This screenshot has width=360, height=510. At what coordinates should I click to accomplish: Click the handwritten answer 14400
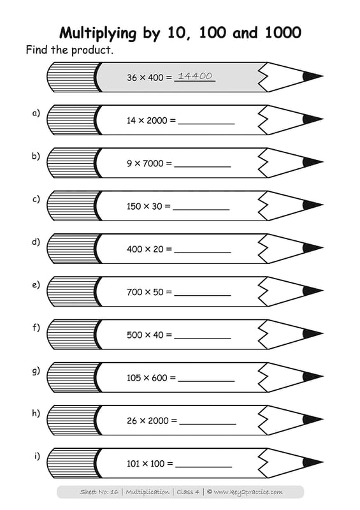[195, 76]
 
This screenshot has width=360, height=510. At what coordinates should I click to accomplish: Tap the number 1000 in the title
[284, 33]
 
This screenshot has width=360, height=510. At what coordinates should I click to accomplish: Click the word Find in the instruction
[37, 50]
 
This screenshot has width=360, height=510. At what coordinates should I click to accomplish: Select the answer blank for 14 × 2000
[206, 124]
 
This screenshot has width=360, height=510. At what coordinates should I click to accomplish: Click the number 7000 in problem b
[153, 163]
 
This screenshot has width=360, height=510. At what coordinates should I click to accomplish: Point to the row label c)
[36, 199]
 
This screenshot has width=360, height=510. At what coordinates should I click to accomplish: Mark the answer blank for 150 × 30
[201, 210]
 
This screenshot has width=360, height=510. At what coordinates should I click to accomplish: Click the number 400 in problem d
[134, 249]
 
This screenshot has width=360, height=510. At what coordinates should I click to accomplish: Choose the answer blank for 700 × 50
[202, 295]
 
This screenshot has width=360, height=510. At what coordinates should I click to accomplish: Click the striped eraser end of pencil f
[73, 334]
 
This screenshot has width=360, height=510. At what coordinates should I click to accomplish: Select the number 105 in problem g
[134, 378]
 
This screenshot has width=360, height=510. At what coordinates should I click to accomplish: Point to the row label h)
[36, 413]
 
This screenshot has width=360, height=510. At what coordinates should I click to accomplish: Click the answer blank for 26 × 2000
[208, 424]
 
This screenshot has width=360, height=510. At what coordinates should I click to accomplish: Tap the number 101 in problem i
[133, 464]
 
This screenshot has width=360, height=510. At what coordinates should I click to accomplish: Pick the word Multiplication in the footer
[147, 492]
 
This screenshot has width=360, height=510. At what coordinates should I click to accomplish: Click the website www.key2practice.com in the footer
[248, 492]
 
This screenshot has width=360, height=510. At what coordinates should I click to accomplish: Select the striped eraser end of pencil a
[73, 120]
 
